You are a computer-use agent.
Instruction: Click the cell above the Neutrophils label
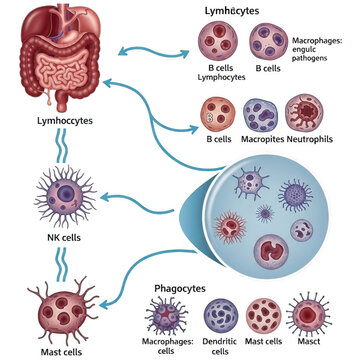click(x=305, y=113)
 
